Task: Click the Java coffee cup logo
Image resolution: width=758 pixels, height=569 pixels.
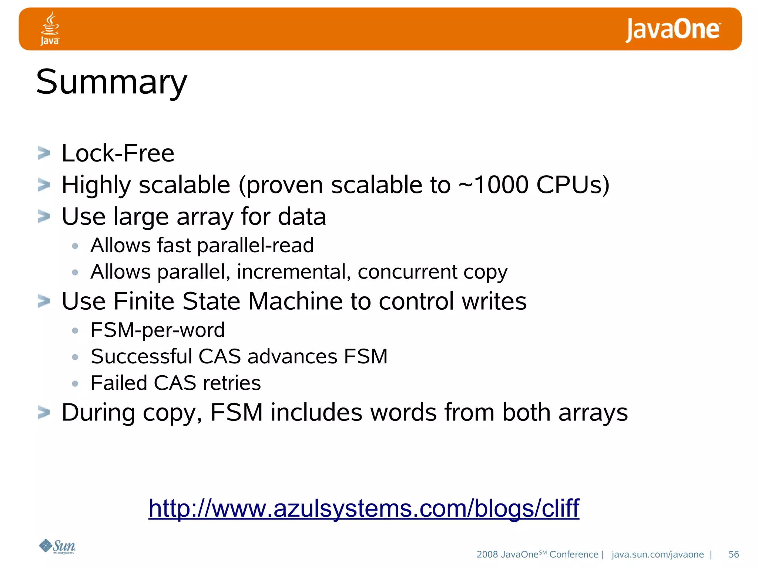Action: click(50, 28)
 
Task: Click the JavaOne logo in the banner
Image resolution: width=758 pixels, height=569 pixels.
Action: click(673, 30)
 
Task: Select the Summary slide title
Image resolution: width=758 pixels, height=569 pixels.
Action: click(112, 82)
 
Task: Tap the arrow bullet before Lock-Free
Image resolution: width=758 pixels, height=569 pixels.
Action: click(44, 153)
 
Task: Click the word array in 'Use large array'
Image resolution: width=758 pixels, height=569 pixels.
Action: click(205, 217)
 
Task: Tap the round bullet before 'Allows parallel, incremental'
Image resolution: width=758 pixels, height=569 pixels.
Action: click(75, 273)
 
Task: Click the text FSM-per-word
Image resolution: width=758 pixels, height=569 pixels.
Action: click(158, 330)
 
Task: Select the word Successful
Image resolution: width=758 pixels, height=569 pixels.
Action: click(141, 356)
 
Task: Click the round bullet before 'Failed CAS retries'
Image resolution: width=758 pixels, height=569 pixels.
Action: click(75, 384)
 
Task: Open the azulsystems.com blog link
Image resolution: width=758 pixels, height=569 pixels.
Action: click(364, 508)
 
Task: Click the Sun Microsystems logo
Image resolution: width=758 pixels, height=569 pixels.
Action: click(57, 546)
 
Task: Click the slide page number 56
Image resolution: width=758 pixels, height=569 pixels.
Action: click(733, 554)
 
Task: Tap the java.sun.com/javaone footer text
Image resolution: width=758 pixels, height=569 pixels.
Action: click(657, 554)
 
